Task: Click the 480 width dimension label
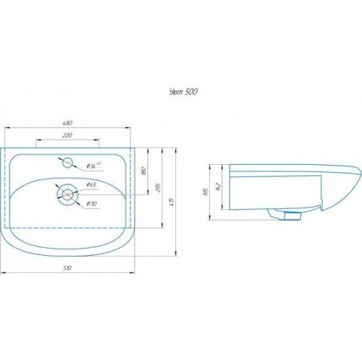click(72, 123)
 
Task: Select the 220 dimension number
click(72, 135)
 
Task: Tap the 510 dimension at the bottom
click(72, 267)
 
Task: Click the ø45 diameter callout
click(92, 187)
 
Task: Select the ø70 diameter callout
click(92, 204)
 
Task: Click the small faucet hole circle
click(68, 162)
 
